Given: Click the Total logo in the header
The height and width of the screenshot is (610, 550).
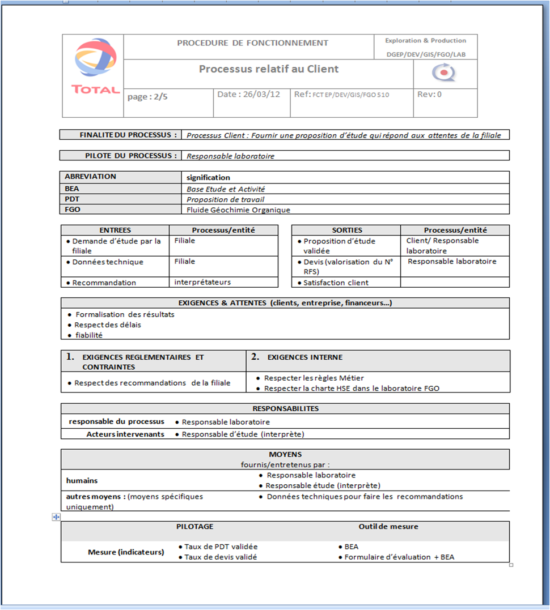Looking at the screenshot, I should [x=95, y=66].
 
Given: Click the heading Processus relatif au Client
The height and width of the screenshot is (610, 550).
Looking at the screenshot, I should [x=268, y=69].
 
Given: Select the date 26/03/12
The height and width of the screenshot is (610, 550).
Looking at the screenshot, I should [x=249, y=95].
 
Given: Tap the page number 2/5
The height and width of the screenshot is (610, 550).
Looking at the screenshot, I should [x=147, y=97].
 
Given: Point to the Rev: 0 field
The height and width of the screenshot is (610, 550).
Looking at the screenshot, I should [x=429, y=95].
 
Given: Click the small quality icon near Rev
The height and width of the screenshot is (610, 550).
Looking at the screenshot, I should [x=443, y=73].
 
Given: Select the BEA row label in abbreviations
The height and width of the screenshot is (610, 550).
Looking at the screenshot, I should [x=72, y=189].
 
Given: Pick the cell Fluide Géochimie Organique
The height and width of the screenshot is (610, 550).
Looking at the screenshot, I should [x=238, y=210].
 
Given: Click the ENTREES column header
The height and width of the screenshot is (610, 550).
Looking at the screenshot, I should [x=115, y=230].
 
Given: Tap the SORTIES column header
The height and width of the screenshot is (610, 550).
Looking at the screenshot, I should [x=346, y=230].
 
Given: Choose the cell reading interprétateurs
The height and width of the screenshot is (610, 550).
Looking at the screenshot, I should [x=202, y=282].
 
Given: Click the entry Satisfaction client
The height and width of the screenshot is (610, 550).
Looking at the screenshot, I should [x=336, y=283].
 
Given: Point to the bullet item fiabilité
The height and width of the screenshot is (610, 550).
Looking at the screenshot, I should [x=89, y=335].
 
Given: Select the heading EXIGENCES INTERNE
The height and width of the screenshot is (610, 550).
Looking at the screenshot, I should [x=304, y=357].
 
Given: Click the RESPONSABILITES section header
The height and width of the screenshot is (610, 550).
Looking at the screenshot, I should [x=285, y=408].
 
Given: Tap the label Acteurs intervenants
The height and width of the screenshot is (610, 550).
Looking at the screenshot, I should [x=125, y=434].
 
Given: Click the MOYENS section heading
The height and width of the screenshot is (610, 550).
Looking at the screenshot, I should [x=285, y=454].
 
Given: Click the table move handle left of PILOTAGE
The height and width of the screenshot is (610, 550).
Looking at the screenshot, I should [x=56, y=517].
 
